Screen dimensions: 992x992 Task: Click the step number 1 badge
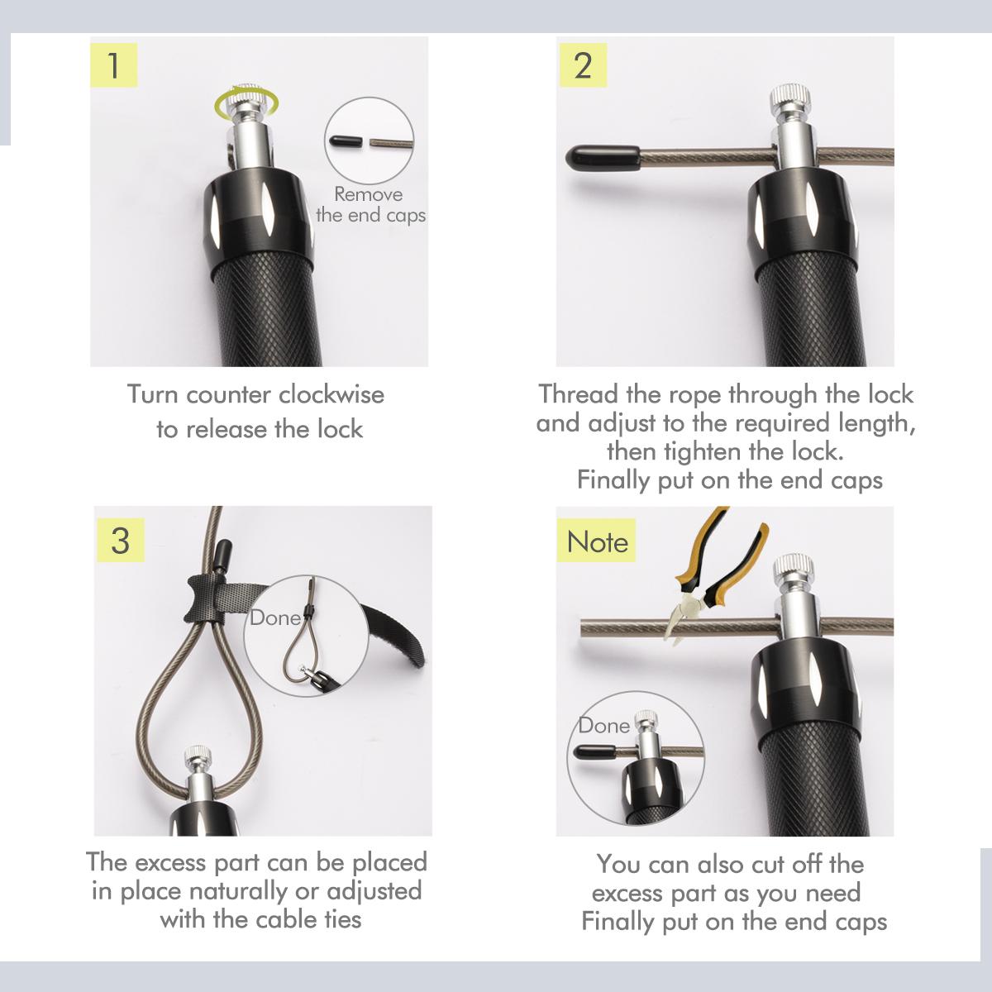(x=114, y=65)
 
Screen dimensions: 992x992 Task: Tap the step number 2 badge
(x=584, y=65)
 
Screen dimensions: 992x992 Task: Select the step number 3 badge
(x=121, y=541)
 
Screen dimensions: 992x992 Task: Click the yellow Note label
(x=596, y=541)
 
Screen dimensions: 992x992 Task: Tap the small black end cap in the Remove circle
(x=346, y=141)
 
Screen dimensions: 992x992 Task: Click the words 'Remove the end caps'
(x=370, y=205)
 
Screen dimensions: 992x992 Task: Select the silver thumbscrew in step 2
(x=790, y=102)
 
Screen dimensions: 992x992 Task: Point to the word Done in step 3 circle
(x=275, y=618)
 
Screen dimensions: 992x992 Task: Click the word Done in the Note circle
(x=603, y=727)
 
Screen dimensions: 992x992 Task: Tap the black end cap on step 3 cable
(x=222, y=553)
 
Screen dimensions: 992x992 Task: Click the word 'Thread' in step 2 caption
(x=578, y=394)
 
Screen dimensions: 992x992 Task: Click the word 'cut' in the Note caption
(x=768, y=865)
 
